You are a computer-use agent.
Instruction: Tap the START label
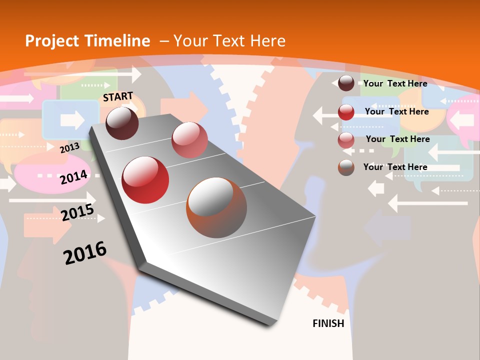pos(118,96)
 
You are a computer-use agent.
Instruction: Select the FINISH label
pos(328,323)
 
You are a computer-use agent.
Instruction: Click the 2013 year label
pos(69,147)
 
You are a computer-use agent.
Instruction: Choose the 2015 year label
pos(77,212)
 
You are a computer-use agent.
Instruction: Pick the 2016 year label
pos(85,252)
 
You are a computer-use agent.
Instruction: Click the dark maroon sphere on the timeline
pos(122,123)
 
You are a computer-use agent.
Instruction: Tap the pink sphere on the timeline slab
pos(189,140)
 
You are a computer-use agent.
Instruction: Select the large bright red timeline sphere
pos(145,180)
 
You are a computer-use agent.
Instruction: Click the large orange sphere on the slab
pos(216,207)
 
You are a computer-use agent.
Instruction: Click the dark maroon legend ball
pos(346,83)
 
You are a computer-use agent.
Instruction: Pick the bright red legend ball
pos(346,112)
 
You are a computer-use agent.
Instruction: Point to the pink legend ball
pos(346,140)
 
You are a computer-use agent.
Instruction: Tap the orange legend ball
pos(346,167)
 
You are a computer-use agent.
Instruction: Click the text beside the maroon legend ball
pos(395,83)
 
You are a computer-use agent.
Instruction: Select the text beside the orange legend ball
pos(395,167)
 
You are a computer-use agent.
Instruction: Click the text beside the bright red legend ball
pos(396,111)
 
